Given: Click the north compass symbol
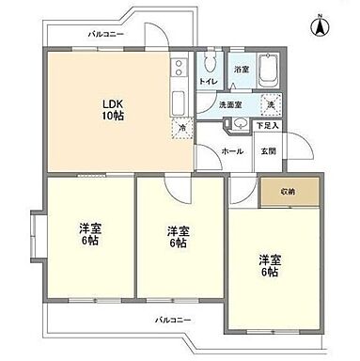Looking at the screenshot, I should pyautogui.click(x=321, y=24).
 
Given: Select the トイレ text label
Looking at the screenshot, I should pyautogui.click(x=207, y=82).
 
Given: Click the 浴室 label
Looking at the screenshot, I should pyautogui.click(x=242, y=70).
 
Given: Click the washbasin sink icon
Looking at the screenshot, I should pyautogui.click(x=242, y=123).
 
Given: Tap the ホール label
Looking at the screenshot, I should pyautogui.click(x=233, y=149).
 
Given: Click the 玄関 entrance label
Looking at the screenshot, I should pyautogui.click(x=269, y=149).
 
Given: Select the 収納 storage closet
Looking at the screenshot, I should pyautogui.click(x=287, y=191).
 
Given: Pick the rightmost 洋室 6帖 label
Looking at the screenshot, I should pyautogui.click(x=271, y=265).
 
